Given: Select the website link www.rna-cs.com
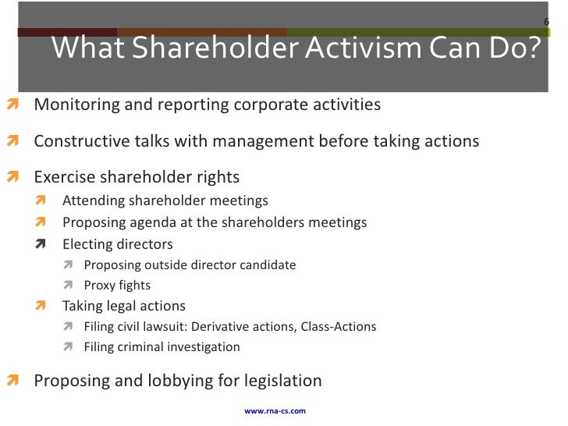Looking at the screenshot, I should (x=275, y=410).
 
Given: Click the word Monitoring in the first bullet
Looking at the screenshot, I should (x=72, y=104).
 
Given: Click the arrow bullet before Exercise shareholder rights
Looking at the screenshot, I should (x=12, y=178).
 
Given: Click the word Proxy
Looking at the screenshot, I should (x=101, y=286).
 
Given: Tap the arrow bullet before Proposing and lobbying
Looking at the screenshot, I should (x=12, y=382).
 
